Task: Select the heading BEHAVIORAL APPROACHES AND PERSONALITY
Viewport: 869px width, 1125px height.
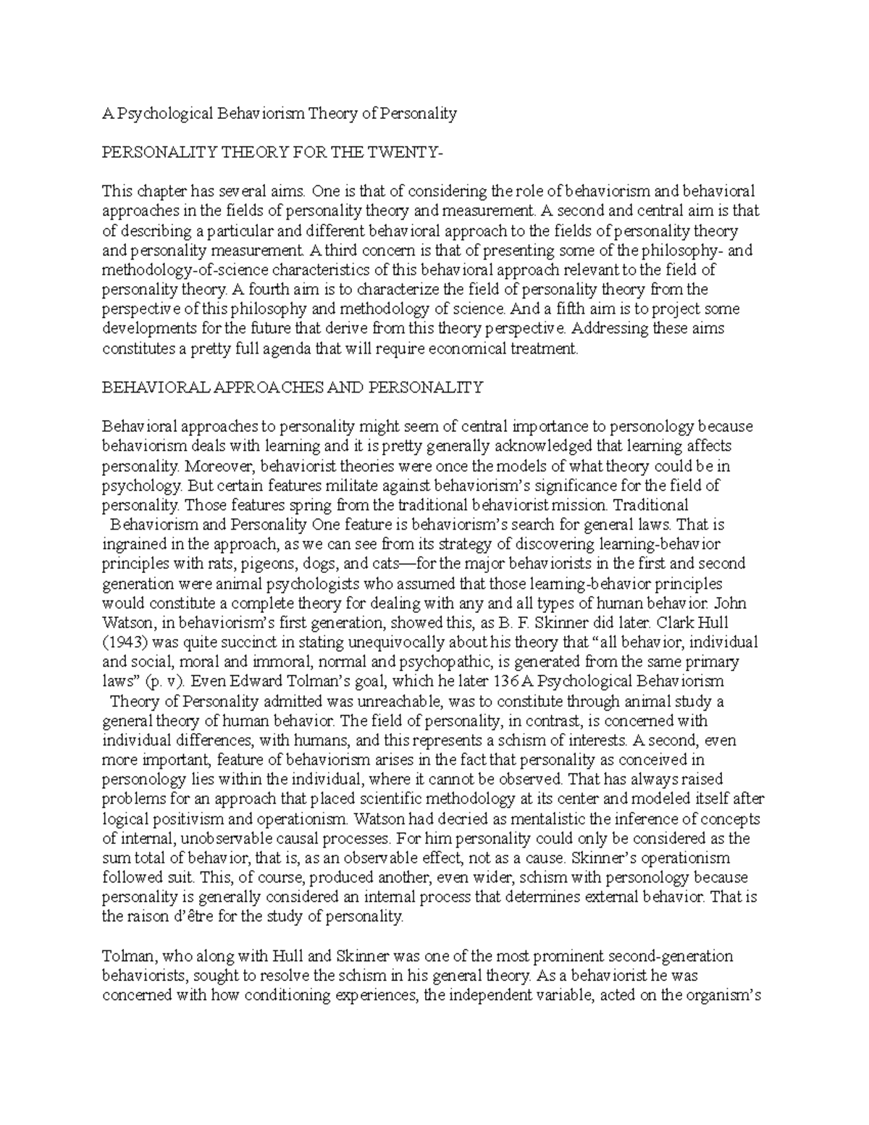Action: [292, 387]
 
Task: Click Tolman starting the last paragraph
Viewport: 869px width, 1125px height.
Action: [125, 955]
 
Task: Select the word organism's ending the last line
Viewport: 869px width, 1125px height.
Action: [724, 995]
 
